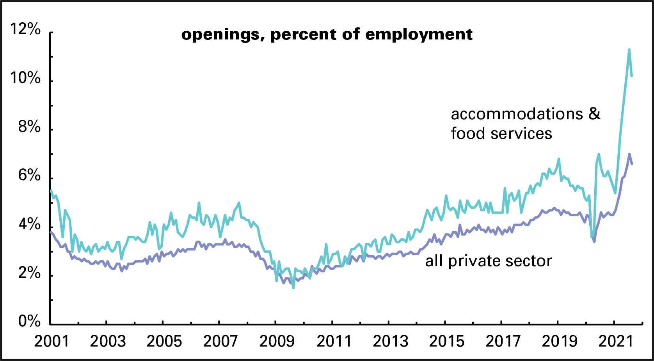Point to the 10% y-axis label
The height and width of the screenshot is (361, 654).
pyautogui.click(x=26, y=78)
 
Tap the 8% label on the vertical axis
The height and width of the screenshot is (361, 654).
pyautogui.click(x=29, y=127)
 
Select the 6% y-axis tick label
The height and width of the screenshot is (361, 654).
pyautogui.click(x=29, y=176)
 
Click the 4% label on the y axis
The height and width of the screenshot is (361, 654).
pyautogui.click(x=29, y=225)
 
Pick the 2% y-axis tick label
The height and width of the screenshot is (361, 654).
pyautogui.click(x=29, y=273)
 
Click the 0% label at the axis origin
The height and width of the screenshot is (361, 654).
pyautogui.click(x=29, y=322)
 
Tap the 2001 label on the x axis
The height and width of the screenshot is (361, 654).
pyautogui.click(x=51, y=341)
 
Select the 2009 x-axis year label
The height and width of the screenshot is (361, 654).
pyautogui.click(x=277, y=341)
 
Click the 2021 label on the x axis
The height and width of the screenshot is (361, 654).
pyautogui.click(x=615, y=341)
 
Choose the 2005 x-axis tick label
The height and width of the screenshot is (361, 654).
pyautogui.click(x=164, y=341)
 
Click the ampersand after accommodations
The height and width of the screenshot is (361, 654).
pyautogui.click(x=594, y=114)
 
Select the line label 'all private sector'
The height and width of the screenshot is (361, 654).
pyautogui.click(x=489, y=261)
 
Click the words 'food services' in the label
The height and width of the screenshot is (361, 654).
pyautogui.click(x=501, y=134)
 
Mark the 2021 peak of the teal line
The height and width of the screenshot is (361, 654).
pyautogui.click(x=629, y=49)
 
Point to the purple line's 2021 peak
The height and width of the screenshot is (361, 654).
pyautogui.click(x=629, y=154)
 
